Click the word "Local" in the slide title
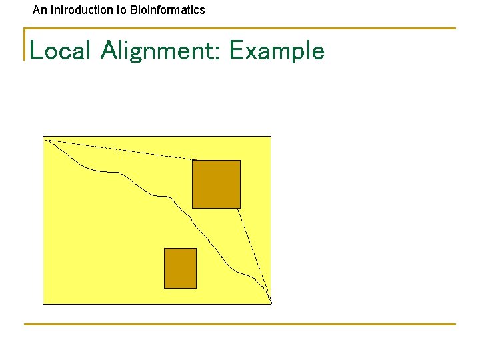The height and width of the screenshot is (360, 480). pos(59,51)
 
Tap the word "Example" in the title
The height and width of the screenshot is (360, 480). pos(277,51)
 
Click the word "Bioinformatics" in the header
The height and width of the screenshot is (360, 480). pos(167,10)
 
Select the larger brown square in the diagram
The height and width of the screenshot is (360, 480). pos(216,184)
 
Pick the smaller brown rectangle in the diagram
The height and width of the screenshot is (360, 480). pos(180,268)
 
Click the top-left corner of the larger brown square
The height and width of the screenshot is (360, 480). pos(193,161)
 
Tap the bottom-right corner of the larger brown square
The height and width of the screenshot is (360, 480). pos(240,208)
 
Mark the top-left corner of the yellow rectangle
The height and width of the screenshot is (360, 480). pos(43,137)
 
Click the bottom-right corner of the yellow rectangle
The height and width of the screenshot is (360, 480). pos(271,304)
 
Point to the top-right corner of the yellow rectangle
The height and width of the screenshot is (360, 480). pos(271,137)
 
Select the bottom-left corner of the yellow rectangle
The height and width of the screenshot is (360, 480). pos(43,304)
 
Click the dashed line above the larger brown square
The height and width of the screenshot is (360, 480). pos(120,150)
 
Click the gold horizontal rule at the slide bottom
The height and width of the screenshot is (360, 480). pos(240,324)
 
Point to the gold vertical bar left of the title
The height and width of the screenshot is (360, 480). pos(25,44)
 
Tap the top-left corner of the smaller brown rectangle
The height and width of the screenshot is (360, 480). pos(165,249)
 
